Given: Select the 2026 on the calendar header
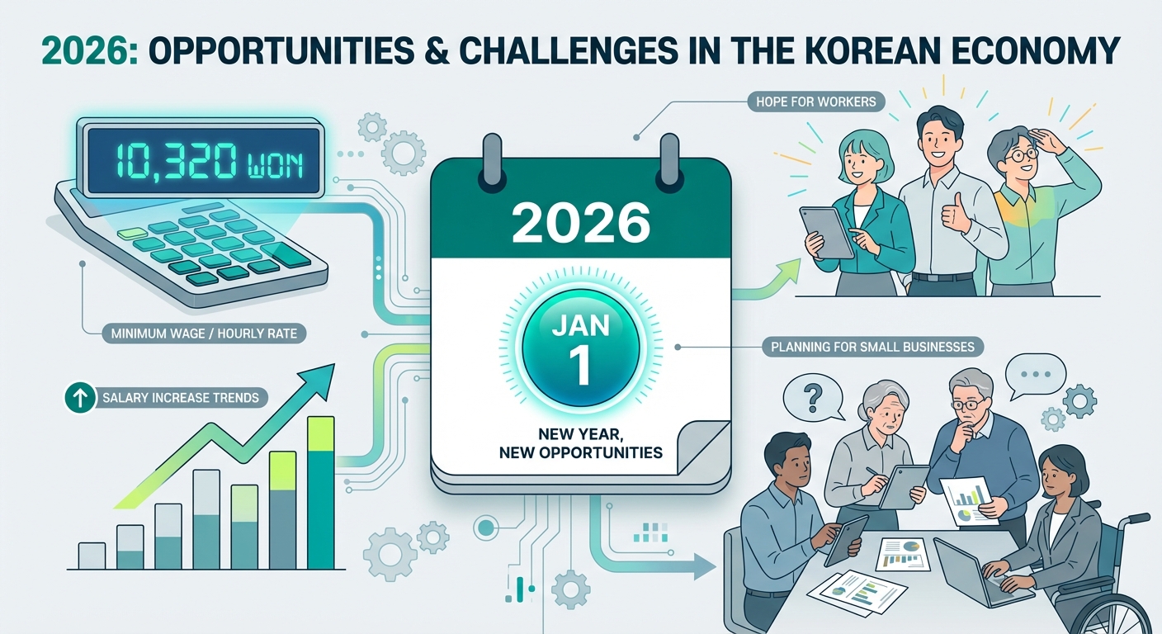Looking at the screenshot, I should tap(580, 223).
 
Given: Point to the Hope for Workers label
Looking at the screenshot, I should tap(804, 102).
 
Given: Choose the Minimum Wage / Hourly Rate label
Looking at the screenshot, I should tap(201, 335).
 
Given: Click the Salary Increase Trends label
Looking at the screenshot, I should tap(181, 398).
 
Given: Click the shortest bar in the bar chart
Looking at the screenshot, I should tap(92, 555).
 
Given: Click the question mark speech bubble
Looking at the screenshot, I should tap(808, 397).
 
